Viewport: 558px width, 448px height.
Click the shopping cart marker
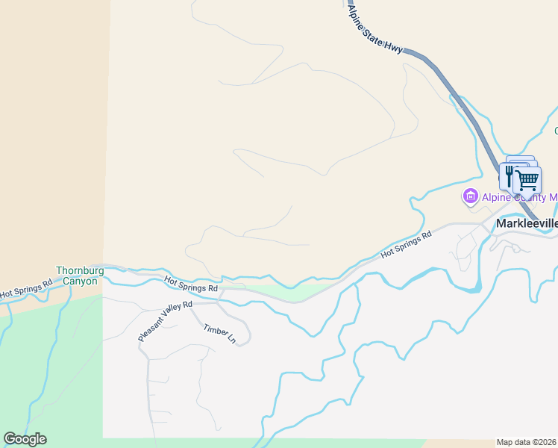[x=527, y=180]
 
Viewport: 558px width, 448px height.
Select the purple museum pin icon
[x=470, y=197]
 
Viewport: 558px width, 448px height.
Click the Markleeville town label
[x=527, y=223]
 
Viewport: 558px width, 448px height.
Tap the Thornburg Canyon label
[x=77, y=276]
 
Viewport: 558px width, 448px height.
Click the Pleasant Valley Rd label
[x=165, y=322]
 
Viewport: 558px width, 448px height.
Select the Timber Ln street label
[x=221, y=332]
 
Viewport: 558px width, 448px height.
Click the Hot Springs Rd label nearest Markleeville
[x=407, y=245]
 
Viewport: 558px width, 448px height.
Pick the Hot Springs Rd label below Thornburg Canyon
[x=26, y=289]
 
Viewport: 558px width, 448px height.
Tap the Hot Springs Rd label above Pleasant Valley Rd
[x=191, y=284]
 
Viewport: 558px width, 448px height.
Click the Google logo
[x=25, y=439]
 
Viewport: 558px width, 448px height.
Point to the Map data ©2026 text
[x=527, y=442]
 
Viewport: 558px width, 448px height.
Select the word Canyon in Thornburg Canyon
[x=80, y=281]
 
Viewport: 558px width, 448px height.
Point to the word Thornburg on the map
[x=78, y=270]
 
